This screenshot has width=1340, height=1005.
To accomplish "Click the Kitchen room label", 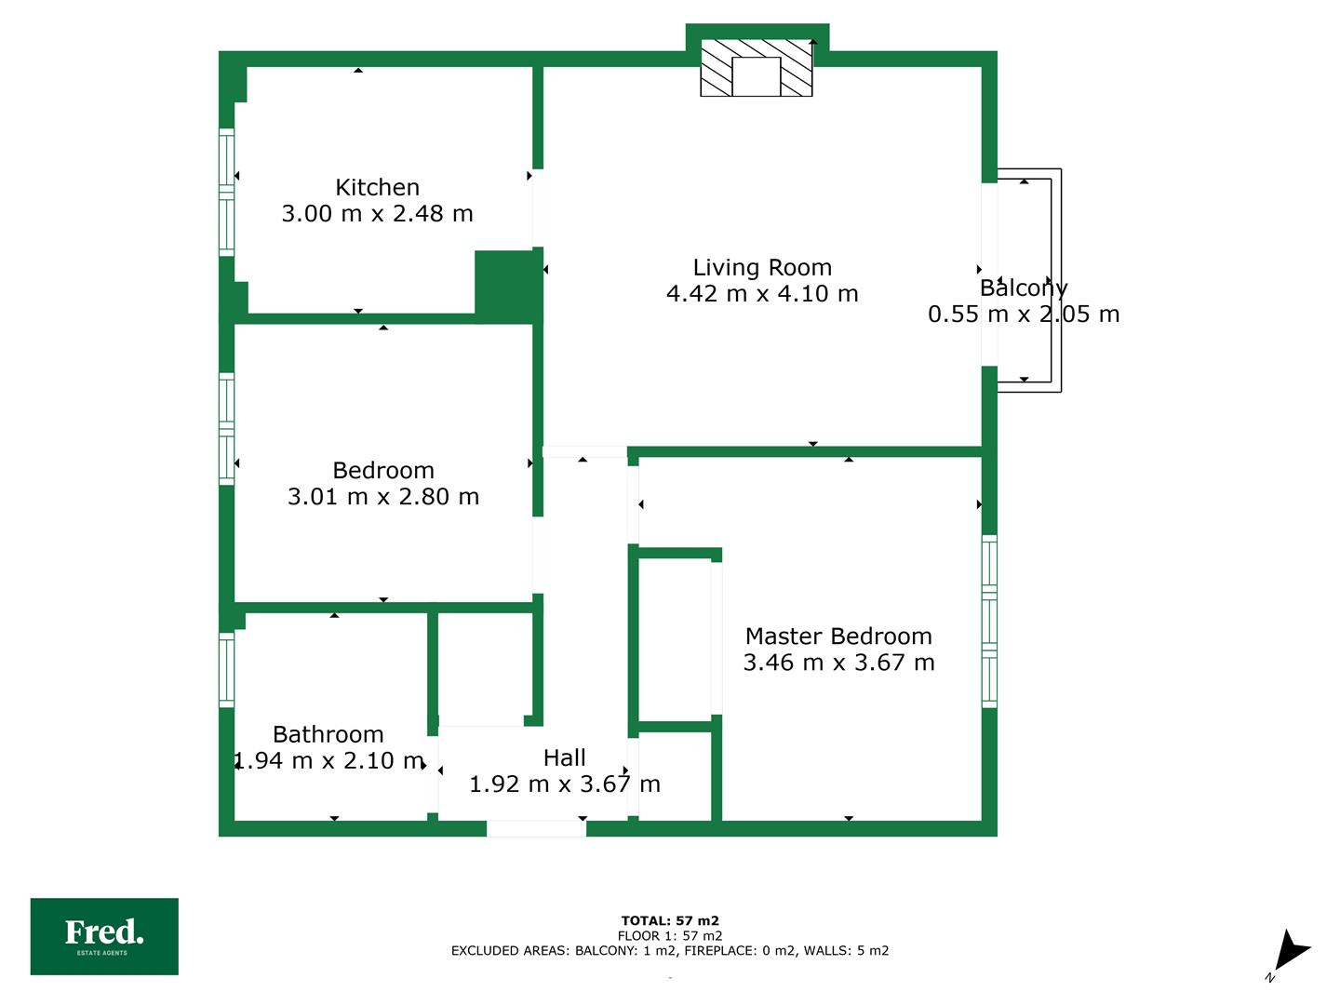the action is pos(377,187).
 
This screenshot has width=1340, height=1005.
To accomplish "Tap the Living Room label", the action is pos(762,268).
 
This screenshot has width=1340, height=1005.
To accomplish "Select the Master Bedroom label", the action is pos(838,636).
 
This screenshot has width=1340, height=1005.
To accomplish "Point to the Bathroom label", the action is pos(328,735).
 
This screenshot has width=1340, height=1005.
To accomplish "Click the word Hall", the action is pos(564,757).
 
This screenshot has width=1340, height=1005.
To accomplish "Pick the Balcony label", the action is pos(1024,288).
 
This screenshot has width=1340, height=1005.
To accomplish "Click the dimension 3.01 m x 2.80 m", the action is pos(383,497).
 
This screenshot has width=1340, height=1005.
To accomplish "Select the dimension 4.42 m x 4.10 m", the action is pos(762,294).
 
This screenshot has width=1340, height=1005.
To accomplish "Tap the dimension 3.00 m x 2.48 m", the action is pos(377,214).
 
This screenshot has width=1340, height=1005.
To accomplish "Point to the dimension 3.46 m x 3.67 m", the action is pos(838,663).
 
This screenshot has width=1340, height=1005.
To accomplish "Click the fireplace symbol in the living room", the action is pos(756,68).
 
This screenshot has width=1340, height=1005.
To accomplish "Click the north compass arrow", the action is pos(1291,951).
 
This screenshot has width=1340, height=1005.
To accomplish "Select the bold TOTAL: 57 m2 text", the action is pos(670,921).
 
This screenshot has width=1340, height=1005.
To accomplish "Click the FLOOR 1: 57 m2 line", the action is pos(670,936).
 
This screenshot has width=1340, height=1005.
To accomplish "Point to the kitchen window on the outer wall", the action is pos(226,193).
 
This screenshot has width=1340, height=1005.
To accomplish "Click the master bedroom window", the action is pos(989,622).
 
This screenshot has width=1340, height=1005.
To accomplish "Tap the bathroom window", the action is pos(226,669).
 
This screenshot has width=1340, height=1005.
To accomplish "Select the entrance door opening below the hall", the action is pos(536,828).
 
